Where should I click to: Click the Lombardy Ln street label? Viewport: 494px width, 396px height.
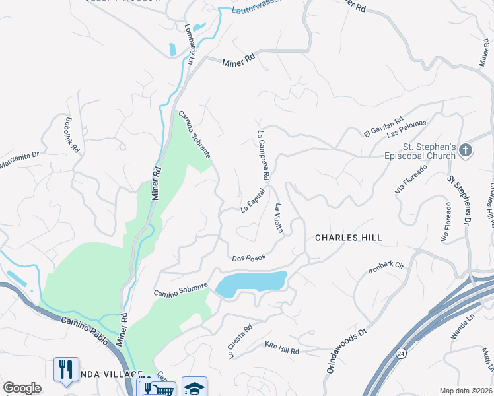click(x=191, y=45)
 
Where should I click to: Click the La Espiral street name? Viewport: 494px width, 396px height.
click(x=253, y=201)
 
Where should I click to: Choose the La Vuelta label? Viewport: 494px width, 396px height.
click(x=279, y=218)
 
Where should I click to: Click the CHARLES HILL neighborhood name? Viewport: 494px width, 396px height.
click(x=348, y=238)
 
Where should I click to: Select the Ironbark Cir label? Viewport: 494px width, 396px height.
click(x=386, y=267)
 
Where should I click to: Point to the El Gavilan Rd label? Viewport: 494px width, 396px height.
click(x=384, y=128)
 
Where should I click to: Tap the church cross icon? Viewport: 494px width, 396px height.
click(x=466, y=150)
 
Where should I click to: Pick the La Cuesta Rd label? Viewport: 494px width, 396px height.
click(x=240, y=341)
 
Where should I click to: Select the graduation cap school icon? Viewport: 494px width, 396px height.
click(x=194, y=387)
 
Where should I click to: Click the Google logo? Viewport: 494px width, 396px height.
click(x=22, y=388)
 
